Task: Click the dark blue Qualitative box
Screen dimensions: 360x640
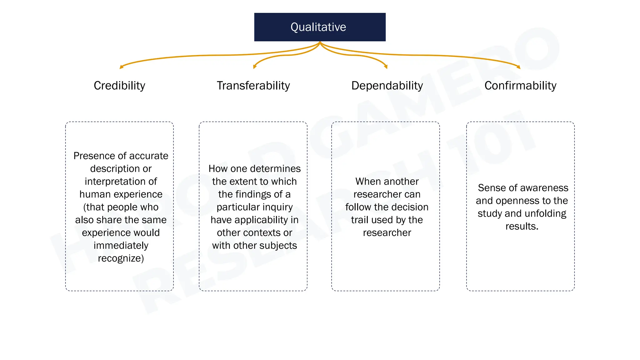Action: (320, 27)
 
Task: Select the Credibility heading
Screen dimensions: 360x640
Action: (119, 86)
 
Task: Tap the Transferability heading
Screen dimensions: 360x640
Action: (253, 86)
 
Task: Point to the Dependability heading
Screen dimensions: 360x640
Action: (387, 86)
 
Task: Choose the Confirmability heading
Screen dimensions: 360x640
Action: (520, 86)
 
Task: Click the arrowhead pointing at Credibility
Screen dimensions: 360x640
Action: (121, 67)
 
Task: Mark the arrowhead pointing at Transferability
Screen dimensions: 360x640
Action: (254, 67)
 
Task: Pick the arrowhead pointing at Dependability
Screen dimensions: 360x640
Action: (386, 67)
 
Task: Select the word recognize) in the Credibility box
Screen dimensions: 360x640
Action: (121, 258)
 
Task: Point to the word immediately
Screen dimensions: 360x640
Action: (121, 246)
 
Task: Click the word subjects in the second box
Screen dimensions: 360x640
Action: (280, 246)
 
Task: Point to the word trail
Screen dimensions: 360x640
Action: (360, 220)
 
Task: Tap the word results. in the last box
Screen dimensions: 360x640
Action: (522, 226)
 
